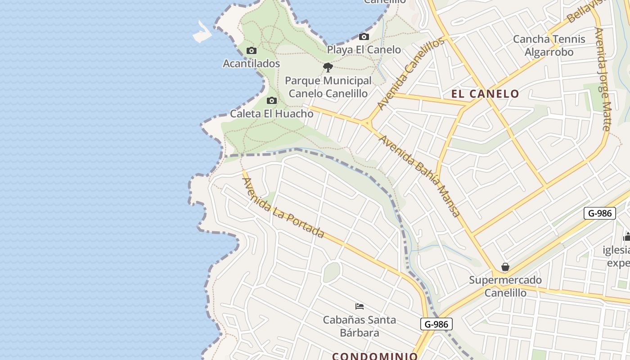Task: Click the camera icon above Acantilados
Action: coord(252,50)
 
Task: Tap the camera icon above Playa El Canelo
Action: coord(364,37)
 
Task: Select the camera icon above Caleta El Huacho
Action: coord(271,100)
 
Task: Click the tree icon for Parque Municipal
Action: coord(328,67)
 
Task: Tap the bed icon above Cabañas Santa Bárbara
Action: coord(360,306)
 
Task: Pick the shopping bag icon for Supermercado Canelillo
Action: coord(505,267)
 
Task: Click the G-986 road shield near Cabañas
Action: coord(436,324)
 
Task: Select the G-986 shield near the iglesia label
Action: coord(599,213)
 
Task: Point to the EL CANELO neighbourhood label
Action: coord(486,94)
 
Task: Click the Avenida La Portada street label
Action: coord(283,207)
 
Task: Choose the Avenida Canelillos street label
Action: coord(410,74)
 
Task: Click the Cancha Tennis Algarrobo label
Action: coord(549,45)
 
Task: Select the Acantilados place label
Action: coord(252,63)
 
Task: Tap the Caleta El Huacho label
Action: coord(272,113)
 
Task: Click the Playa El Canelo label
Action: coord(364,49)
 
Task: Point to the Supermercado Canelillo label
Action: coord(505,286)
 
